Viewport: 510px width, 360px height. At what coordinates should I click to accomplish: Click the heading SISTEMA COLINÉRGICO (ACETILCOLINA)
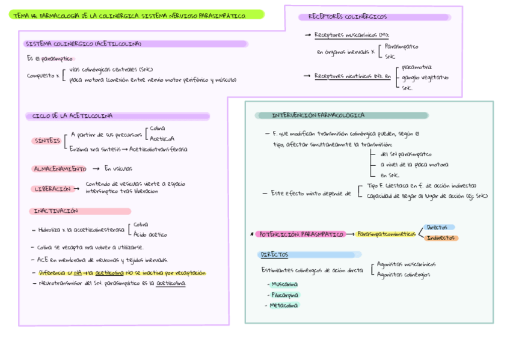(x=83, y=44)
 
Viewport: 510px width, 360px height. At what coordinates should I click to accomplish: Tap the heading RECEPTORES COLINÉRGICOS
(x=348, y=17)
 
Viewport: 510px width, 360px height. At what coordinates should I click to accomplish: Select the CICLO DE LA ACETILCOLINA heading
(x=72, y=116)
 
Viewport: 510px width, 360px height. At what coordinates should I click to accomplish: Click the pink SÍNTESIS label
(x=46, y=141)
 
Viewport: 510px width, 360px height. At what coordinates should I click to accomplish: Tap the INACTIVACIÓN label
(x=55, y=211)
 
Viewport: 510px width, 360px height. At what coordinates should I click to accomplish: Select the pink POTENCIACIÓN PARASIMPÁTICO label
(x=301, y=234)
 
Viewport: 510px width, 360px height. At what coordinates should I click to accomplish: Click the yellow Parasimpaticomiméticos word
(x=386, y=234)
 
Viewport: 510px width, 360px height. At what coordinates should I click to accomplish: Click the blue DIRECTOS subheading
(x=274, y=254)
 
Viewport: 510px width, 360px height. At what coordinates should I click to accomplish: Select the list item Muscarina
(x=284, y=284)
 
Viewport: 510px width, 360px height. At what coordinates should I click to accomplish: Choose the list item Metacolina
(x=284, y=305)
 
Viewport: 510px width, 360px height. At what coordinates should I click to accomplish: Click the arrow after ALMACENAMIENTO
(x=96, y=169)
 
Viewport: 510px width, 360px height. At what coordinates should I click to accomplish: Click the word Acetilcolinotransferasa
(x=158, y=149)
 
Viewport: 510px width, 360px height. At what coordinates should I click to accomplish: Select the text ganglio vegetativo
(x=425, y=77)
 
